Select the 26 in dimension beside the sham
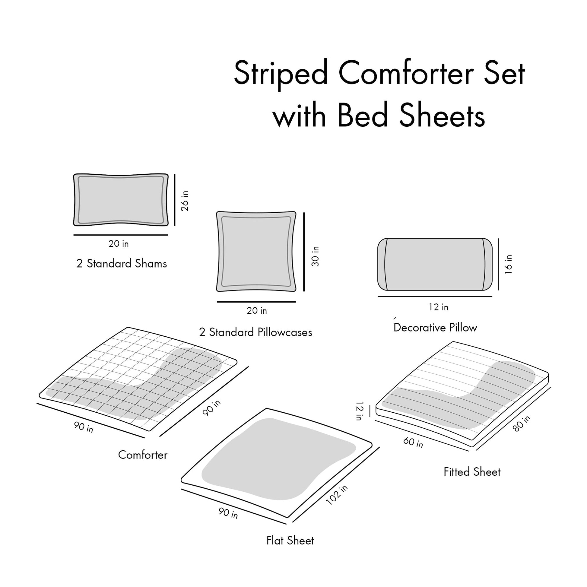185,201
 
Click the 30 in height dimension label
316,256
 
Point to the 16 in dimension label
508,264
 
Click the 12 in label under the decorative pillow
438,307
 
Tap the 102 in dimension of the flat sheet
337,495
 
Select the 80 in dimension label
521,423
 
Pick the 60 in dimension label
413,443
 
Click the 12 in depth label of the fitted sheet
360,411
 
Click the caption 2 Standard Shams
122,263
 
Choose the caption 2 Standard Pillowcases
255,332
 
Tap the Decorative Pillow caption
435,328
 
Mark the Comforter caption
142,455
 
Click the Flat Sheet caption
290,541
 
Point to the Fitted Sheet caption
472,472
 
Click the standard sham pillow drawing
121,200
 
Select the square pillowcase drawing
256,252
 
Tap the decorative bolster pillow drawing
434,264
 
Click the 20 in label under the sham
119,244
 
